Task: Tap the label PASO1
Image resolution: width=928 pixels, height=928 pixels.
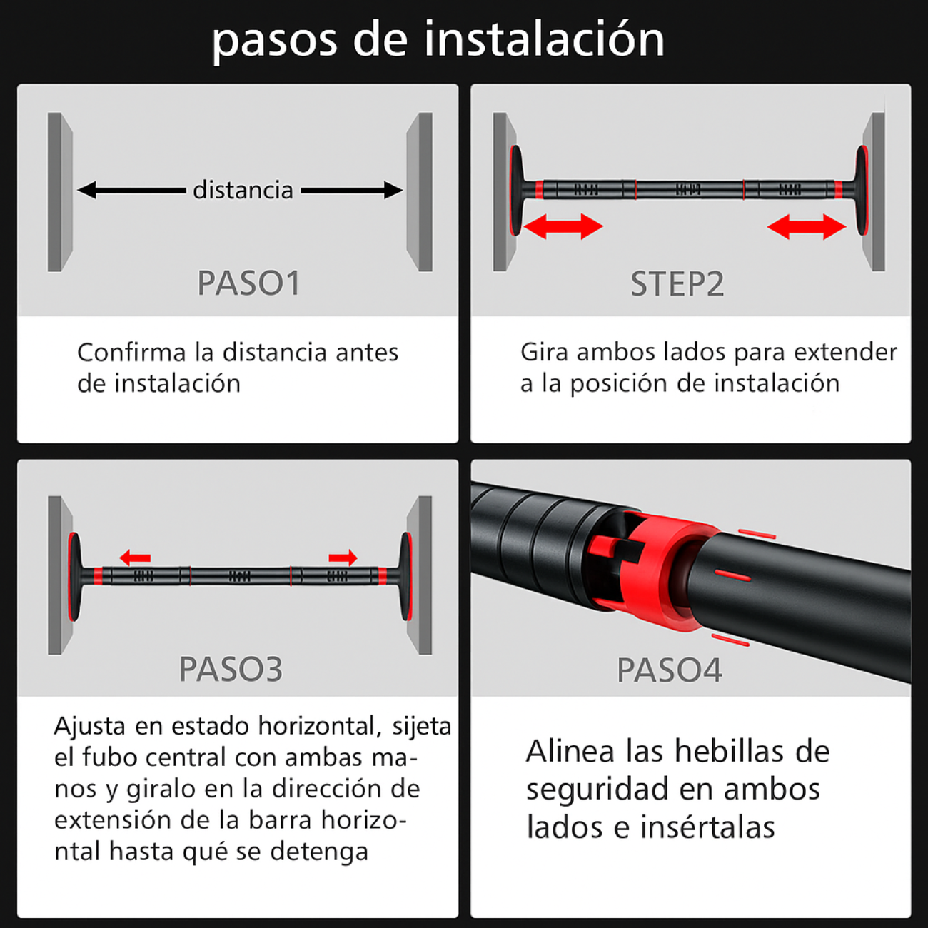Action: [249, 283]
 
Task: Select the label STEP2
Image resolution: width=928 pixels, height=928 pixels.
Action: [677, 283]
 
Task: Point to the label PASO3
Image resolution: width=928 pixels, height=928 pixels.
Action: [231, 669]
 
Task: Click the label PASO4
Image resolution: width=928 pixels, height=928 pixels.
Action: [670, 670]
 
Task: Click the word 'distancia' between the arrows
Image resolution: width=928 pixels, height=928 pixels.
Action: [243, 190]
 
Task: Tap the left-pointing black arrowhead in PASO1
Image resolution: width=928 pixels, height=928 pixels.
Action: [86, 190]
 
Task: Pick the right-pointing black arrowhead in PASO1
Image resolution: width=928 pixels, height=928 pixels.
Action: [393, 190]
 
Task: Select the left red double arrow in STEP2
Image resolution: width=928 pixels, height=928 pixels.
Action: [563, 226]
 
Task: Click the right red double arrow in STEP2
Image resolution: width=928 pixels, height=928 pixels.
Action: [807, 226]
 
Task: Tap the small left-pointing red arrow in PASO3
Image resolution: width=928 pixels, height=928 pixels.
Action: [135, 558]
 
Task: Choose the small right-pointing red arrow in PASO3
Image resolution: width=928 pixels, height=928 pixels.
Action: [343, 558]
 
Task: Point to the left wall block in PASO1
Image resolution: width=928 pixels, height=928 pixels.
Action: [60, 192]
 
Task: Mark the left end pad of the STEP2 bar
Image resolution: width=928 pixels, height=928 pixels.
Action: [516, 190]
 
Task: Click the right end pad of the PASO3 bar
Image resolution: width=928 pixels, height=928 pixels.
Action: [406, 577]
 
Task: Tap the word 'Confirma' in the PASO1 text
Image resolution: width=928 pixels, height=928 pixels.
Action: [131, 353]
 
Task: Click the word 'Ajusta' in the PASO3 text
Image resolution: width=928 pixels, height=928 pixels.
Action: [90, 727]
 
